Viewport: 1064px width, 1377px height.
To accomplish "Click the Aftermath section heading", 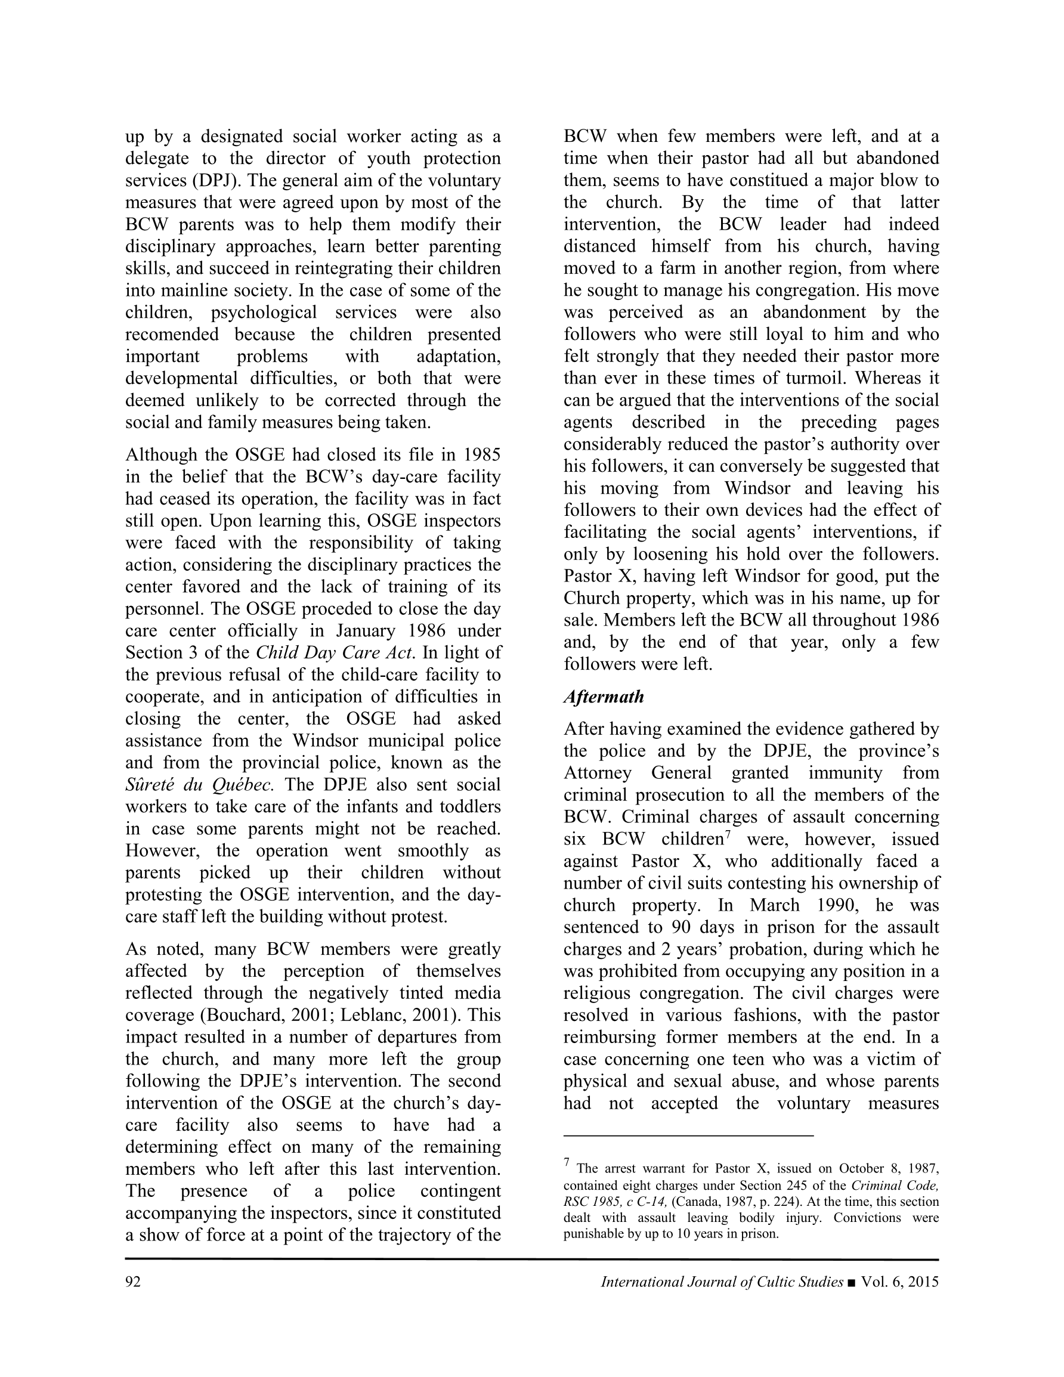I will (x=604, y=697).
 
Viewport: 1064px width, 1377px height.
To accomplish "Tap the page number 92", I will (x=133, y=1282).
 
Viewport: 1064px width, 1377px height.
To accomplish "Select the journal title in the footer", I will (x=722, y=1282).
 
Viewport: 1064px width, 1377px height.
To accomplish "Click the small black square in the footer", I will (x=852, y=1282).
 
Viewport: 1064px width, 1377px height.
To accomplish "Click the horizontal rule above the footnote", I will (x=688, y=1135).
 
